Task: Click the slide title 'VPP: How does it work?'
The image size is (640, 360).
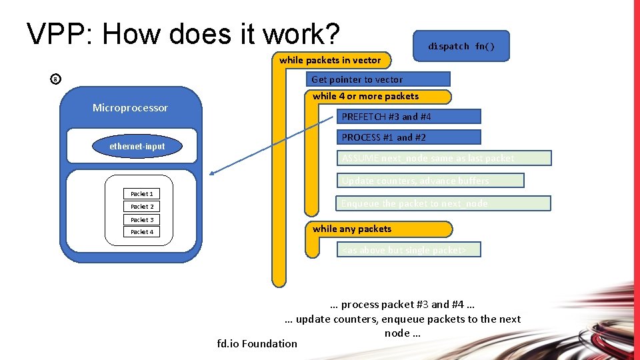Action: (x=183, y=33)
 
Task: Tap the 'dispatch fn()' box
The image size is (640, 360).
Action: (x=461, y=47)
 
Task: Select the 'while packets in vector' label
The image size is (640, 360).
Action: (x=330, y=61)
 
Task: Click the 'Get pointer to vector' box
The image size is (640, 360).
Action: (x=381, y=79)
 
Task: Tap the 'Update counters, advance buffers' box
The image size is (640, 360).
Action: (x=430, y=181)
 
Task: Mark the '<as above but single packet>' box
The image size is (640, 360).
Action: (x=409, y=250)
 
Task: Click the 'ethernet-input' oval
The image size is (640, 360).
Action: (x=137, y=147)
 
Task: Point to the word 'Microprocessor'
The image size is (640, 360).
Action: (x=130, y=108)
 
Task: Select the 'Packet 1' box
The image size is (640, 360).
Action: (x=141, y=194)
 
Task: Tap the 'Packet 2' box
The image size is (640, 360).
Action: (x=141, y=207)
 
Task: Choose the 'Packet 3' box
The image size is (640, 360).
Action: (x=141, y=219)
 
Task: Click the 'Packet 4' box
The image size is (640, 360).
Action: (x=141, y=232)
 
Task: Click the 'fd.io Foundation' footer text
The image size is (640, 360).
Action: (x=257, y=344)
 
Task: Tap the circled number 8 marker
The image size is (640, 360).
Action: (x=55, y=80)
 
